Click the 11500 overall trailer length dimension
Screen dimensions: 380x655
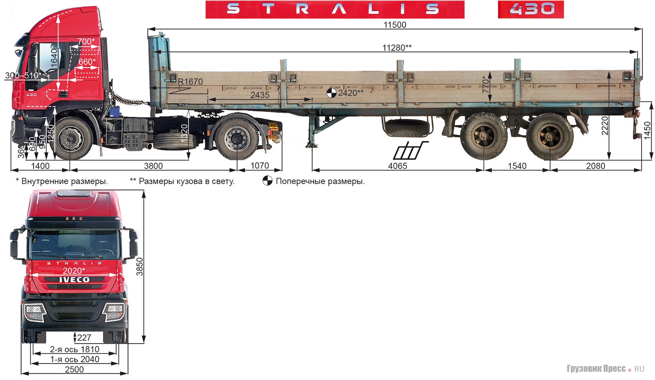pyautogui.click(x=395, y=25)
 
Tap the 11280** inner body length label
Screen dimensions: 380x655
pyautogui.click(x=396, y=48)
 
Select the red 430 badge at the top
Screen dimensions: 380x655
pyautogui.click(x=531, y=9)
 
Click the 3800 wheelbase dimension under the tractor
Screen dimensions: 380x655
pyautogui.click(x=153, y=166)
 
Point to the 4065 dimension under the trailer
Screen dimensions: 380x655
pyautogui.click(x=398, y=166)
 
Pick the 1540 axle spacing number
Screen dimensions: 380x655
pyautogui.click(x=517, y=166)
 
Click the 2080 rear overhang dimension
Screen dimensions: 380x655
pyautogui.click(x=595, y=166)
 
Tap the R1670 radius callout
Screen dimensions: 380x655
pyautogui.click(x=190, y=82)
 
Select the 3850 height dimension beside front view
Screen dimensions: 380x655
pyautogui.click(x=140, y=266)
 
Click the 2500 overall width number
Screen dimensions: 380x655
pyautogui.click(x=74, y=369)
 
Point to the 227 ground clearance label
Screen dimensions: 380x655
pyautogui.click(x=84, y=337)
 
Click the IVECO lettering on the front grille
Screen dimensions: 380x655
pyautogui.click(x=74, y=280)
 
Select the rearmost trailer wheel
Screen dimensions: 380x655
pyautogui.click(x=549, y=137)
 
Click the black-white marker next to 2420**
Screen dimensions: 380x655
pyautogui.click(x=331, y=93)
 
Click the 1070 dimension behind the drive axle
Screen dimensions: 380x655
pyautogui.click(x=260, y=166)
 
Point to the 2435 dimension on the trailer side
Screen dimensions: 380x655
pyautogui.click(x=260, y=95)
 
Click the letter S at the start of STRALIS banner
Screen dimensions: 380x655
pyautogui.click(x=233, y=9)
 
